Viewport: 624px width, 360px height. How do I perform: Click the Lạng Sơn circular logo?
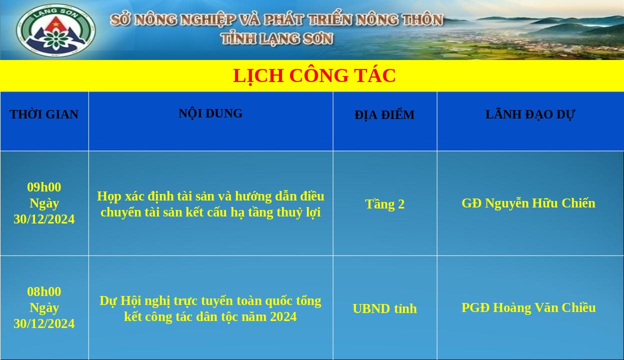[56, 30]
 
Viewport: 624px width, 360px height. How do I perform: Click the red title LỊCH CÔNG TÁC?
[314, 76]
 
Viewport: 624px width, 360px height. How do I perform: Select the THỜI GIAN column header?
[44, 114]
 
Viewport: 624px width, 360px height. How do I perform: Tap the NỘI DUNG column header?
[210, 113]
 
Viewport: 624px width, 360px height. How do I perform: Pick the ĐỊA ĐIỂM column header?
[384, 115]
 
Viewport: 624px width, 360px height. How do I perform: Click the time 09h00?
[44, 187]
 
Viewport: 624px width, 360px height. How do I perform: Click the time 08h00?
[44, 291]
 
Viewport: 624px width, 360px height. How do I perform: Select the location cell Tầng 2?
[384, 204]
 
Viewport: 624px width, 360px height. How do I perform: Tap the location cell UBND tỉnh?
[384, 308]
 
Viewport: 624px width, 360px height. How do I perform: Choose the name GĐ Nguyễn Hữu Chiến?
[528, 203]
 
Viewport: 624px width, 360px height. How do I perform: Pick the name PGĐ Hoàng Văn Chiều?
[528, 307]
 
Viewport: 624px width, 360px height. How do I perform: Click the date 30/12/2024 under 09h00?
[44, 219]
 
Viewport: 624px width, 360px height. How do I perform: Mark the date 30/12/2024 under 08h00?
[44, 324]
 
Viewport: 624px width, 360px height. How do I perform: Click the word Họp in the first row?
[109, 196]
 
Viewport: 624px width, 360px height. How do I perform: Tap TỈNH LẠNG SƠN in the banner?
[277, 38]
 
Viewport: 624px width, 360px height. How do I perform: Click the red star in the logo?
[56, 24]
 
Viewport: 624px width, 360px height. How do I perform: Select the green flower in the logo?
[56, 39]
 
